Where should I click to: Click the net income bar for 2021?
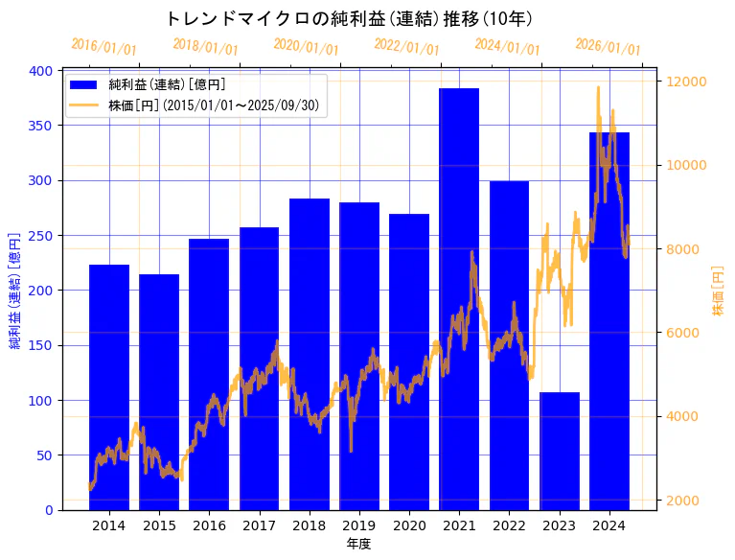point(459,298)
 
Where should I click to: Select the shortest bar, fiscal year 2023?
point(560,451)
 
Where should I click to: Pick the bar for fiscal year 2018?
point(310,354)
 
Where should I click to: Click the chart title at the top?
point(349,18)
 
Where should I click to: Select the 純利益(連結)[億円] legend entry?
point(167,85)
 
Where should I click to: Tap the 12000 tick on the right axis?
point(687,82)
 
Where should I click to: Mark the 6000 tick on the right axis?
point(684,333)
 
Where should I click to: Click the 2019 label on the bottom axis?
point(359,525)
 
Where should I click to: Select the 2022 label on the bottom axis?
point(509,525)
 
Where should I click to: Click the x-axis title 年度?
point(359,544)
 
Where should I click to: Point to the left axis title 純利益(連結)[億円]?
point(15,290)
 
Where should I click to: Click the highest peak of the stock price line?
point(599,87)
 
